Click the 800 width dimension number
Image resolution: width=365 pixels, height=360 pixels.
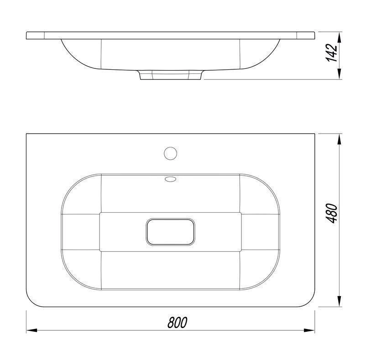pyautogui.click(x=177, y=322)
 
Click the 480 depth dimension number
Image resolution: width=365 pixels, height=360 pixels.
pyautogui.click(x=332, y=213)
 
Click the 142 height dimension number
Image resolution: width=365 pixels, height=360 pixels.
pyautogui.click(x=332, y=52)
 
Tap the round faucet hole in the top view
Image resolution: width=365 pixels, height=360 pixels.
pyautogui.click(x=170, y=153)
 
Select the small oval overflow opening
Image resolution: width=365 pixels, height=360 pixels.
pyautogui.click(x=170, y=179)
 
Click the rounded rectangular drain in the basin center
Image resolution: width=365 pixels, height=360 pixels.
pyautogui.click(x=170, y=232)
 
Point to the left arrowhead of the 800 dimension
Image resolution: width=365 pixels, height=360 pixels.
pyautogui.click(x=31, y=330)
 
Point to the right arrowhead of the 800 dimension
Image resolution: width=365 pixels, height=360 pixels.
pyautogui.click(x=309, y=330)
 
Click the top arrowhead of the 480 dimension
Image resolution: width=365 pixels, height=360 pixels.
pyautogui.click(x=339, y=139)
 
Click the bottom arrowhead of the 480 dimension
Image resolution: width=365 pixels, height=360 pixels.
pyautogui.click(x=339, y=301)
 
